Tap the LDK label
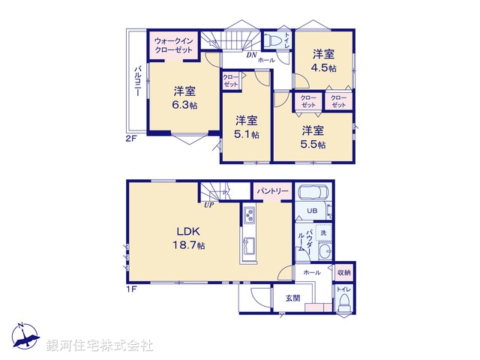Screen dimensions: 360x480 point(187,231)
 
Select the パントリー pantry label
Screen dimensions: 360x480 point(271,192)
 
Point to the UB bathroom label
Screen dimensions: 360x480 point(312,211)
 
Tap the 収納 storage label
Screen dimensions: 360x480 point(343,273)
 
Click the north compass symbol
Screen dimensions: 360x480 point(25,337)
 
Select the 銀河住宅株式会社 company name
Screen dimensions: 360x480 point(100,345)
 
